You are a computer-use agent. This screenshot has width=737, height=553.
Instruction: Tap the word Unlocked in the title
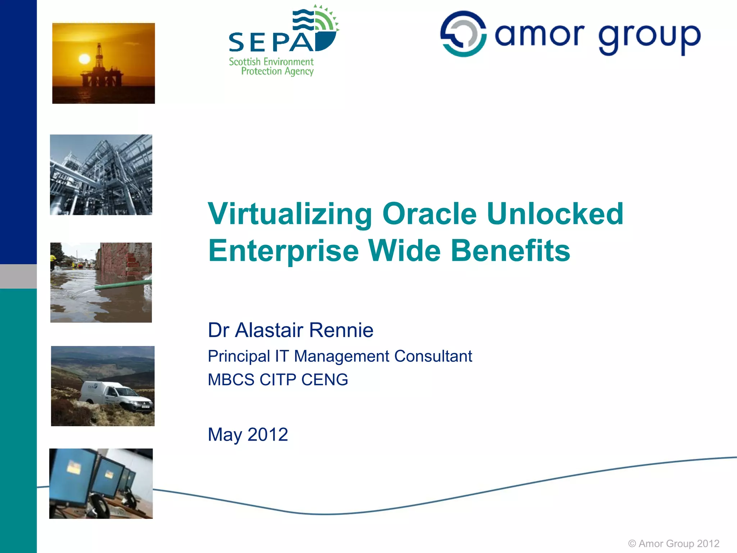pos(555,214)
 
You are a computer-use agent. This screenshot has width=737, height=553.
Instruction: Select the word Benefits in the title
pos(510,251)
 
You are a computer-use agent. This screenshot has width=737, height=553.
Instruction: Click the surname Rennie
pos(341,330)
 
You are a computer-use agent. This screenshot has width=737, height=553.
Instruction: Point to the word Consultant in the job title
pos(433,356)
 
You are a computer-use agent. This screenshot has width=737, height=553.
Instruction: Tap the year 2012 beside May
pos(268,435)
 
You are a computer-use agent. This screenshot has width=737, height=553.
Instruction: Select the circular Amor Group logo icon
pos(463,34)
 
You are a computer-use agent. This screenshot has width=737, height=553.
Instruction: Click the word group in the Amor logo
pos(650,37)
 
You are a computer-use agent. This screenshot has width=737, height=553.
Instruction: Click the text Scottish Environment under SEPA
pos(271,62)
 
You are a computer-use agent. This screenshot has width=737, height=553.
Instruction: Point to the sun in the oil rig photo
pos(84,59)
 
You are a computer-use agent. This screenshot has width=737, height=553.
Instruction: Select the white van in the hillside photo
pos(115,396)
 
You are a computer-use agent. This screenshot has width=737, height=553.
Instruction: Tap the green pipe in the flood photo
pos(122,285)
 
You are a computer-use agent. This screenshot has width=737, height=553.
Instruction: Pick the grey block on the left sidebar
pos(18,276)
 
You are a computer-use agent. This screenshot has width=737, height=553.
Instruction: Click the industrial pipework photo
pos(101,175)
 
